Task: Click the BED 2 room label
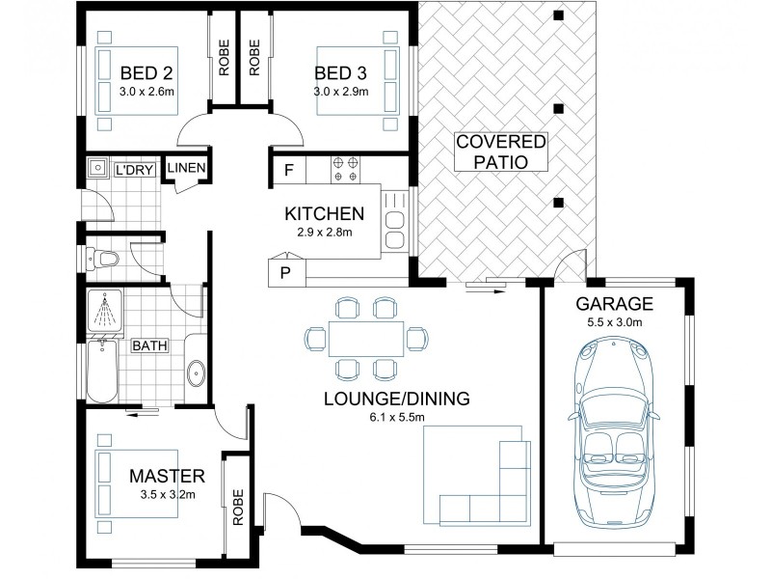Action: [146, 73]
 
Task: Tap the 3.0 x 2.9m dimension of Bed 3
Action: [341, 92]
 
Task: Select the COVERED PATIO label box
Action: [501, 152]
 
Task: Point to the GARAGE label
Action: [614, 304]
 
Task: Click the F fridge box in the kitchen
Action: [289, 170]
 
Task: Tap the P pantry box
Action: [285, 273]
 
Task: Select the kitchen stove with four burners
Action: [345, 170]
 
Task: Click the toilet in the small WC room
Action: [102, 259]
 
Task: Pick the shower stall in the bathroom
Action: [105, 311]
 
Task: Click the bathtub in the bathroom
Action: [102, 370]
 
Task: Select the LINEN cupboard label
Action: [186, 168]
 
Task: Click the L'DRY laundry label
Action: [134, 171]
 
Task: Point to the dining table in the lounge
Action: [366, 339]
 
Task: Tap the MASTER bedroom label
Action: [167, 476]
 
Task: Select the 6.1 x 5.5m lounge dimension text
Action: [397, 418]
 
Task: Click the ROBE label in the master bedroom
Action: [238, 508]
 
